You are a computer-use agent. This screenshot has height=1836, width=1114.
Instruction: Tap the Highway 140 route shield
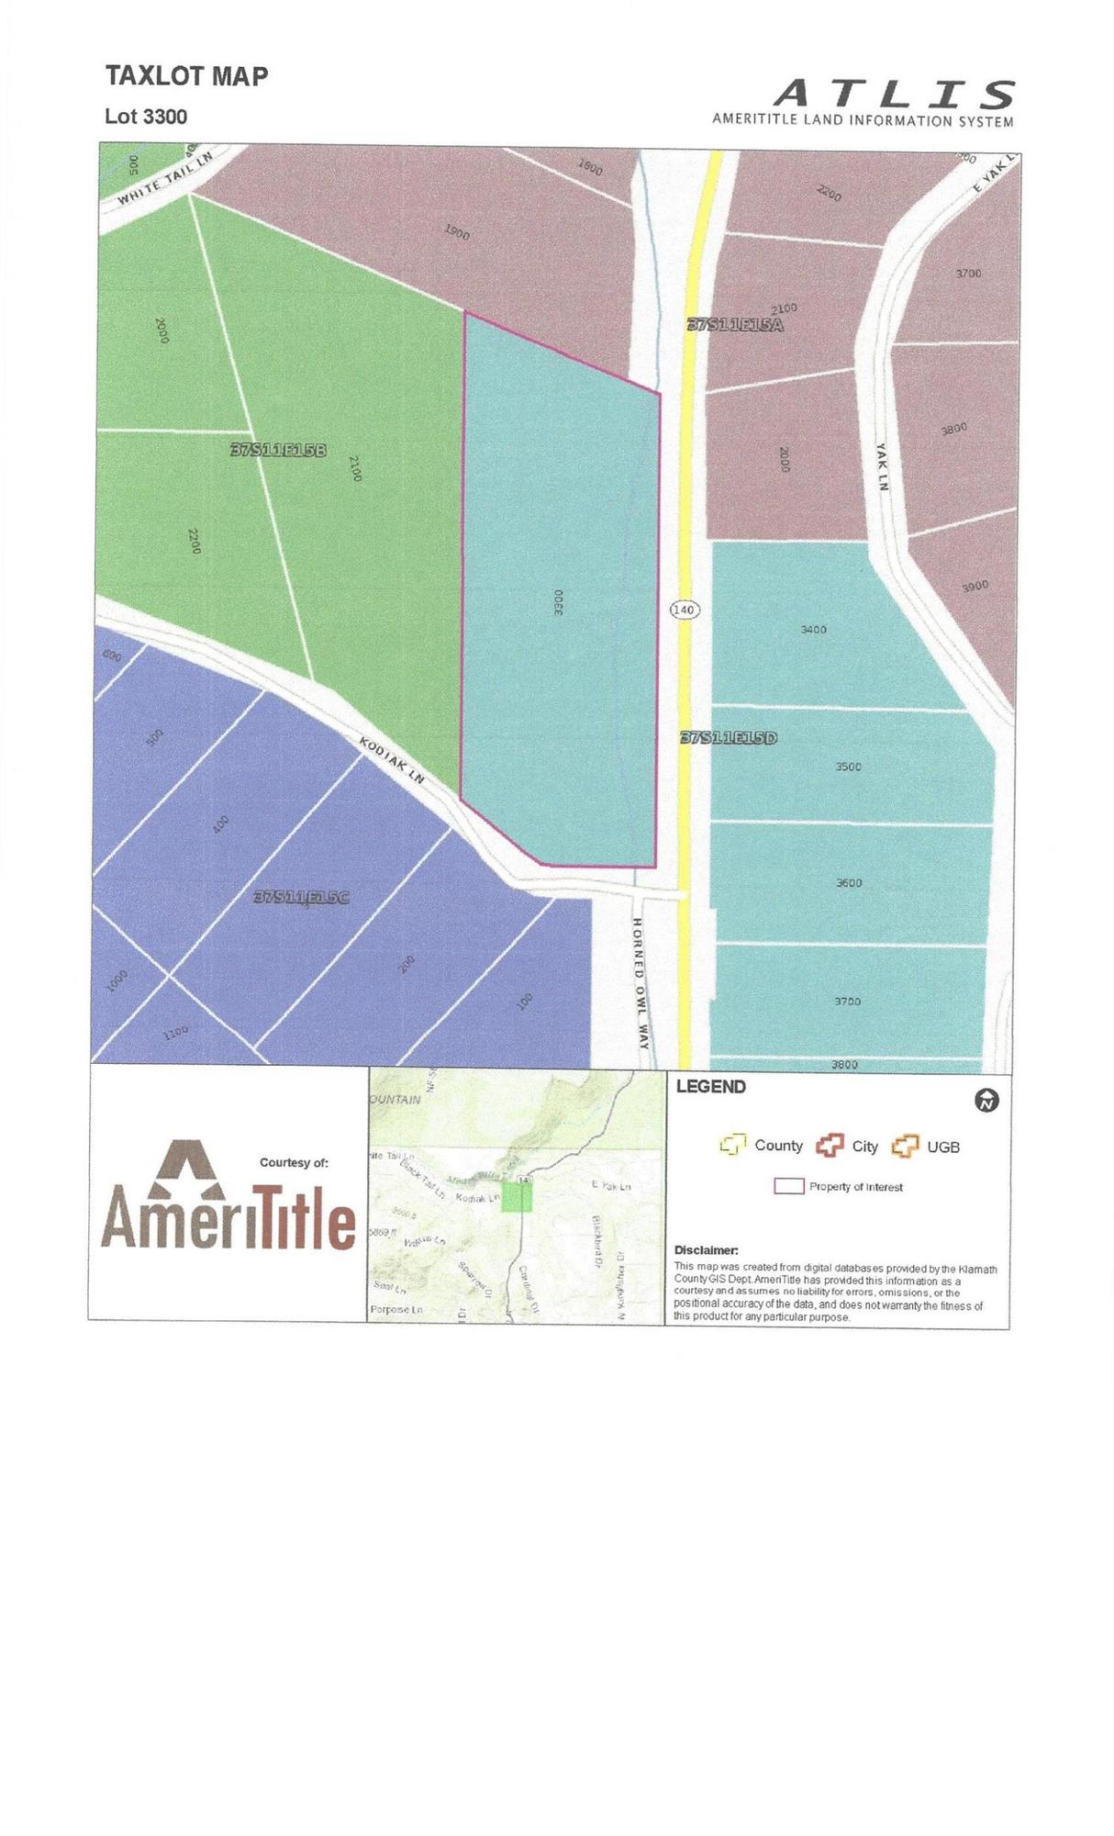685,610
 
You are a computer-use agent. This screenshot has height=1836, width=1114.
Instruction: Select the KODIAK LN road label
392,760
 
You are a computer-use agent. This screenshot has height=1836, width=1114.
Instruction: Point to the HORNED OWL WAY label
641,982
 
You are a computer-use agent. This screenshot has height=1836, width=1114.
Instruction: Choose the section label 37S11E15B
278,450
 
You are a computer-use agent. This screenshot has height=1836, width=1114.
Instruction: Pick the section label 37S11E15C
302,897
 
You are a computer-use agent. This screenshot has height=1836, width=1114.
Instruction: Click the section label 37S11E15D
729,737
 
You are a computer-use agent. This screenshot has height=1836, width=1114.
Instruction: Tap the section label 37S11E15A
735,324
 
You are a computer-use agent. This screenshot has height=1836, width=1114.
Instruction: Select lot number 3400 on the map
813,630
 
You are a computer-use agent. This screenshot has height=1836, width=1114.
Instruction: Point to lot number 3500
848,767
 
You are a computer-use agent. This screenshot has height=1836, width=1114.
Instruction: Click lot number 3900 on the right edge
975,586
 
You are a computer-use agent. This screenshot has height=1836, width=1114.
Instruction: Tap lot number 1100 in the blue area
175,1033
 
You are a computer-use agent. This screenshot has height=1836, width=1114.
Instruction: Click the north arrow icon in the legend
987,1100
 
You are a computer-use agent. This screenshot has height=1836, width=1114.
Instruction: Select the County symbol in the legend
732,1145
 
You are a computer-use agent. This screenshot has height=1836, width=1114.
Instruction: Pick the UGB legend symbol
906,1146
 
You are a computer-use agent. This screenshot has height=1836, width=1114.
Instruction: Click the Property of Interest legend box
788,1186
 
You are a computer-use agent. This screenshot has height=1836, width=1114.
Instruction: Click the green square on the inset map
517,1197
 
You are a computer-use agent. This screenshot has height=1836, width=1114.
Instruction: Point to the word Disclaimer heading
706,1250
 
